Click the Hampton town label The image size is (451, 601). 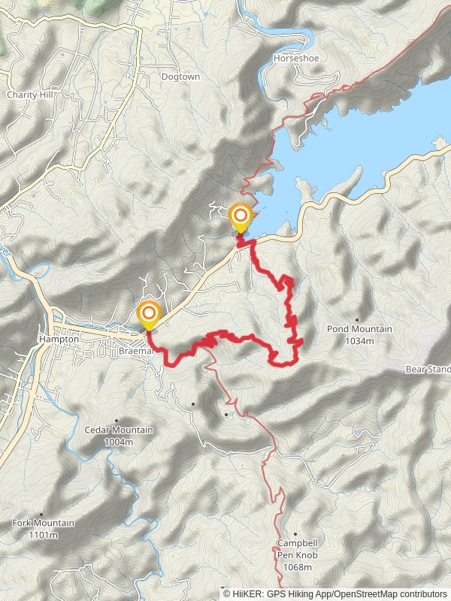pos(58,340)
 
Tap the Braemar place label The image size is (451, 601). pos(136,351)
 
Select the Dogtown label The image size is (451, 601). pos(179,77)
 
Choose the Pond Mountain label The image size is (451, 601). pos(359,330)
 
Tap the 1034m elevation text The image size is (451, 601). pos(359,341)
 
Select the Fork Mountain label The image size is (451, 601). pos(43,523)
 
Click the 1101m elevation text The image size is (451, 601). pos(43,535)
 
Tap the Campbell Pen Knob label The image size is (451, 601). pos(298,548)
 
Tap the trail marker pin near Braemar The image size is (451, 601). pos(149,314)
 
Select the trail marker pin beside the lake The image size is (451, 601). pos(241,217)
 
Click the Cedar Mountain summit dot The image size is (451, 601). pos(117,421)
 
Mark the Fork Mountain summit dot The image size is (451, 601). pos(41,514)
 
